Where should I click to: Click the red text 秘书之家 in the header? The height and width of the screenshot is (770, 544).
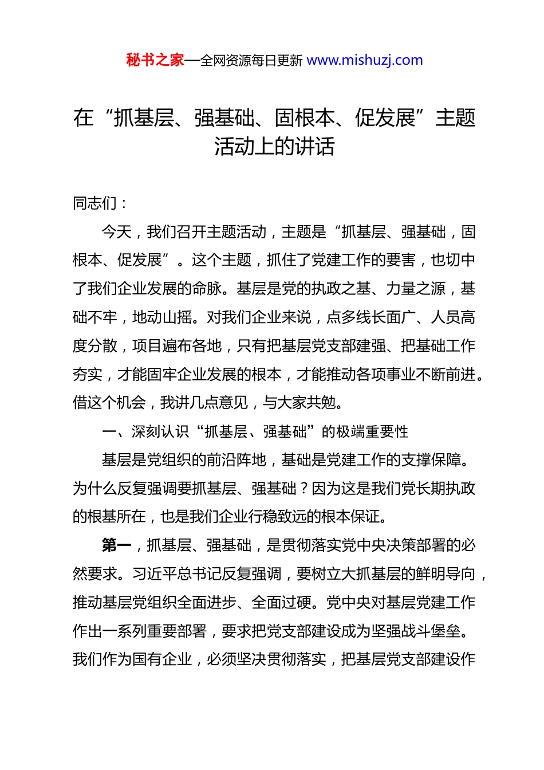[155, 60]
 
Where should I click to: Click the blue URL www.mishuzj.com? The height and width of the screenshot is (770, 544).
[365, 60]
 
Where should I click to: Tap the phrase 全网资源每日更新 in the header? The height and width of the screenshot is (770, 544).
[251, 61]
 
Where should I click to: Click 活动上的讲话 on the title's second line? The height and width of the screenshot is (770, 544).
[274, 147]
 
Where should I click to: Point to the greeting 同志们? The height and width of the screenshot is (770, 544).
[95, 203]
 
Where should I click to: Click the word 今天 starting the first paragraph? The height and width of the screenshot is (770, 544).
[117, 232]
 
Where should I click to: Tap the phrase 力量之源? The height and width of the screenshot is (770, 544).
[416, 289]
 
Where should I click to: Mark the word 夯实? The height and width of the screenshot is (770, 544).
[88, 375]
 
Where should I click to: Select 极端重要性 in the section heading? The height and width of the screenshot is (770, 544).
[372, 431]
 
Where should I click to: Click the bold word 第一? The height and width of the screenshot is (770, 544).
[117, 545]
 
